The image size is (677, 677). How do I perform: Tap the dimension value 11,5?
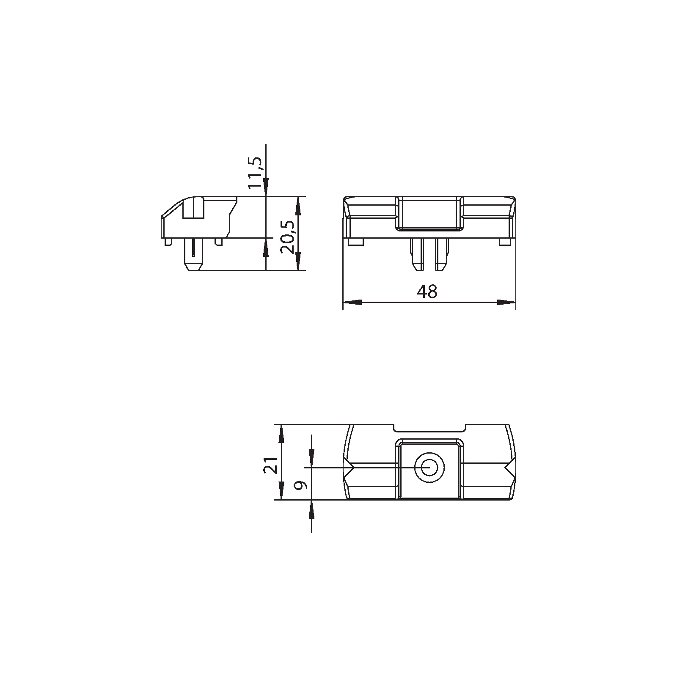256,173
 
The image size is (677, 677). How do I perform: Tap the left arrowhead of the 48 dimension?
352,302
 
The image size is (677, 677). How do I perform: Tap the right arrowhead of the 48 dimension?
506,302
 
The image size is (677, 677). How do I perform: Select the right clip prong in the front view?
441,256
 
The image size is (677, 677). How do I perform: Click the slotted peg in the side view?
194,256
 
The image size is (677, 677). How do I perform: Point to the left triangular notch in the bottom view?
350,468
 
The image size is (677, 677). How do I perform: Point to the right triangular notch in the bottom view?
509,468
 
